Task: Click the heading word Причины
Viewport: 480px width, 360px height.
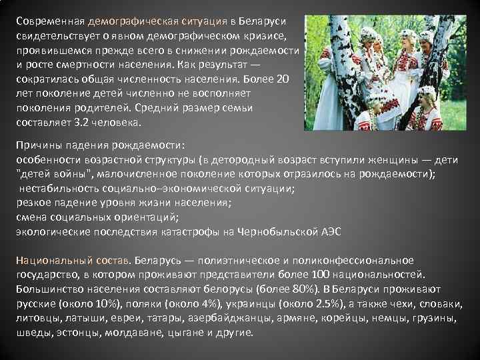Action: [x=39, y=145]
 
